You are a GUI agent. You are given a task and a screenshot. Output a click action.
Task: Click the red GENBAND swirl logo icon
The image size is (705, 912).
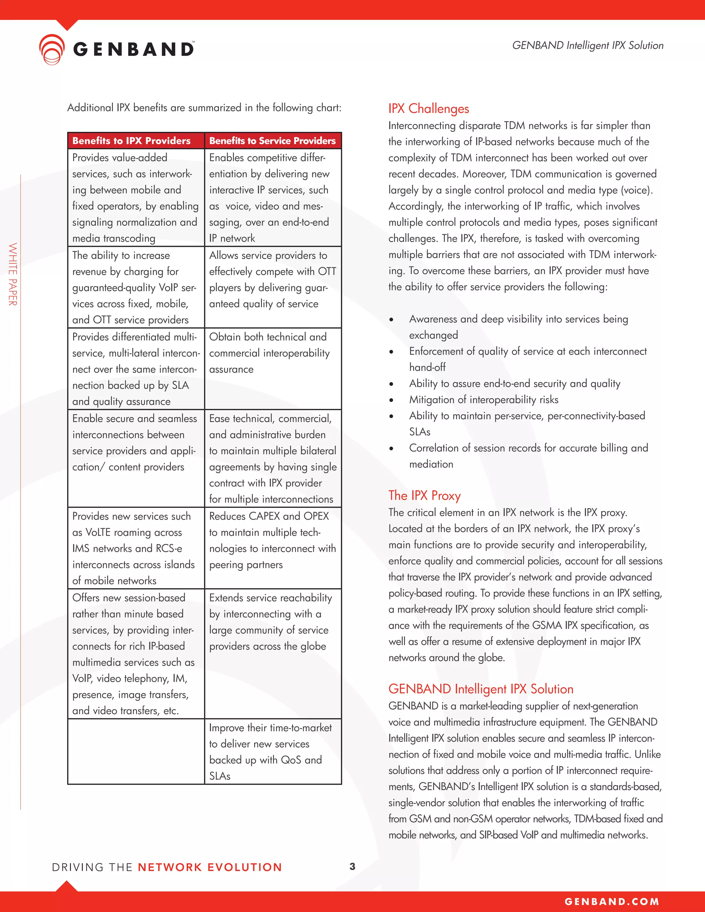pyautogui.click(x=52, y=49)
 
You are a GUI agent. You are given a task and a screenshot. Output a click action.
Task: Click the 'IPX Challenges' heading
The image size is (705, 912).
pyautogui.click(x=428, y=108)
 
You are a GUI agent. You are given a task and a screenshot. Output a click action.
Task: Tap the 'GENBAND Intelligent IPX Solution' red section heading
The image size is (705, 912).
pyautogui.click(x=480, y=689)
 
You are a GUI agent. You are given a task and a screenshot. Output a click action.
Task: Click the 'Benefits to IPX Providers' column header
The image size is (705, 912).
pyautogui.click(x=131, y=141)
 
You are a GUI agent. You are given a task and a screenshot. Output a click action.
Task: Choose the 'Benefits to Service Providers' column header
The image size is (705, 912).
pyautogui.click(x=272, y=141)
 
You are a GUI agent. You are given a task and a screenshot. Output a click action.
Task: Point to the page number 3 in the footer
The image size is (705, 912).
pyautogui.click(x=352, y=867)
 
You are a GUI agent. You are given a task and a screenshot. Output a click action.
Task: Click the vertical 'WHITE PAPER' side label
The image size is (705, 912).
pyautogui.click(x=13, y=274)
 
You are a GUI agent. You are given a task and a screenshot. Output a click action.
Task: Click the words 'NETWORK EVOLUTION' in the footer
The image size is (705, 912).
pyautogui.click(x=210, y=867)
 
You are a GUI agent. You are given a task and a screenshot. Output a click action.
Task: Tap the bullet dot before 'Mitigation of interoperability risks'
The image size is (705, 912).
pyautogui.click(x=391, y=400)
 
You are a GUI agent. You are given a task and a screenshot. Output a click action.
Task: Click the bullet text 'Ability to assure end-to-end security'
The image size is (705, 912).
pyautogui.click(x=514, y=383)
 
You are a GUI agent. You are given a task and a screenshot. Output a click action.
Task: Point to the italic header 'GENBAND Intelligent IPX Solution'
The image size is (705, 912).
pyautogui.click(x=587, y=45)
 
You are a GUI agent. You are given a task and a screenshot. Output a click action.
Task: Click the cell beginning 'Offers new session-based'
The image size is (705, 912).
pyautogui.click(x=134, y=654)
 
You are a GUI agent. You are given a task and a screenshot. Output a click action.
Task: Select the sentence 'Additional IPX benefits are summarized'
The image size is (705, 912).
pyautogui.click(x=204, y=108)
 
